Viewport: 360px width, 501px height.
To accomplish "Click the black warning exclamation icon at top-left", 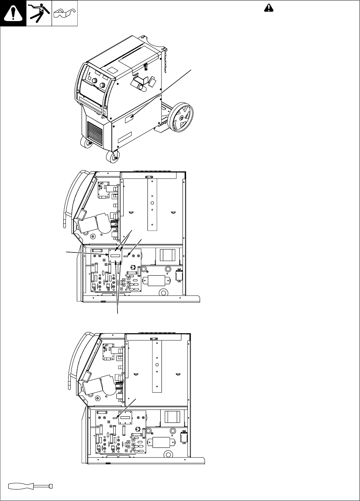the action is coord(13,13).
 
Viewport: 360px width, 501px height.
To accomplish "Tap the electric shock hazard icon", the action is coord(39,13).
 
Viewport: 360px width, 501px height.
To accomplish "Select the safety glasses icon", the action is coord(64,14).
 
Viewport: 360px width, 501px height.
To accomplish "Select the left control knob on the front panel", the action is coord(95,81).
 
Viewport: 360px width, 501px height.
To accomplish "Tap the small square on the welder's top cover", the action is coord(112,70).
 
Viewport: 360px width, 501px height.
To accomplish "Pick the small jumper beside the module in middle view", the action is coord(126,256).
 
